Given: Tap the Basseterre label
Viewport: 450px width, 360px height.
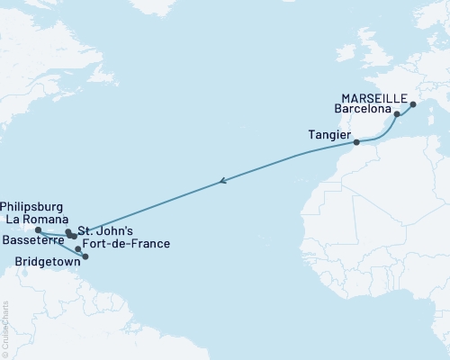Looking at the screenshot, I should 31,242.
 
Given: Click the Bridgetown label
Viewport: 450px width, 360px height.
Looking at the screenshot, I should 47,265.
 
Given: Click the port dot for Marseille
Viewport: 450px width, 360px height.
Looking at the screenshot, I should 413,105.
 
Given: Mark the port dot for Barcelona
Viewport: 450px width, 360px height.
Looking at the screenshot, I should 397,115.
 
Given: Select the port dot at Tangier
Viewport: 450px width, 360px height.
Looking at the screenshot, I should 356,142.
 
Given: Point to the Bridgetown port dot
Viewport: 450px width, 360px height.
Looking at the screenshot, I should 85,256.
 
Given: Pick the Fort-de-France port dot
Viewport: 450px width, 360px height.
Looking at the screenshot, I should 79,248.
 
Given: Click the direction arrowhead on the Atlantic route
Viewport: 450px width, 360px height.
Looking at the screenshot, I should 222,183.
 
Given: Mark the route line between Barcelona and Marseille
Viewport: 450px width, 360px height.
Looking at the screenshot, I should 405,108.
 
